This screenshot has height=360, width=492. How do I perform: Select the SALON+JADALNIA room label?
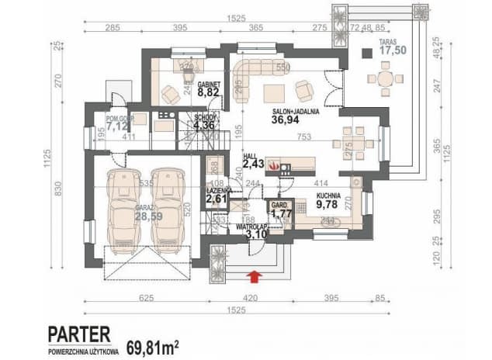click(296, 111)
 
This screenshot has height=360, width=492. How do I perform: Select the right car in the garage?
click(167, 205)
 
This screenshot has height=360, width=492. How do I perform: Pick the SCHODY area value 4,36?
click(204, 125)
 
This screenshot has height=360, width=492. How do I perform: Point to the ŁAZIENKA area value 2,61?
click(217, 199)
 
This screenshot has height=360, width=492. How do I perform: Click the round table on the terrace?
click(382, 78)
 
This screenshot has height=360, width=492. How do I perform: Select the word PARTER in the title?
click(78, 334)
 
